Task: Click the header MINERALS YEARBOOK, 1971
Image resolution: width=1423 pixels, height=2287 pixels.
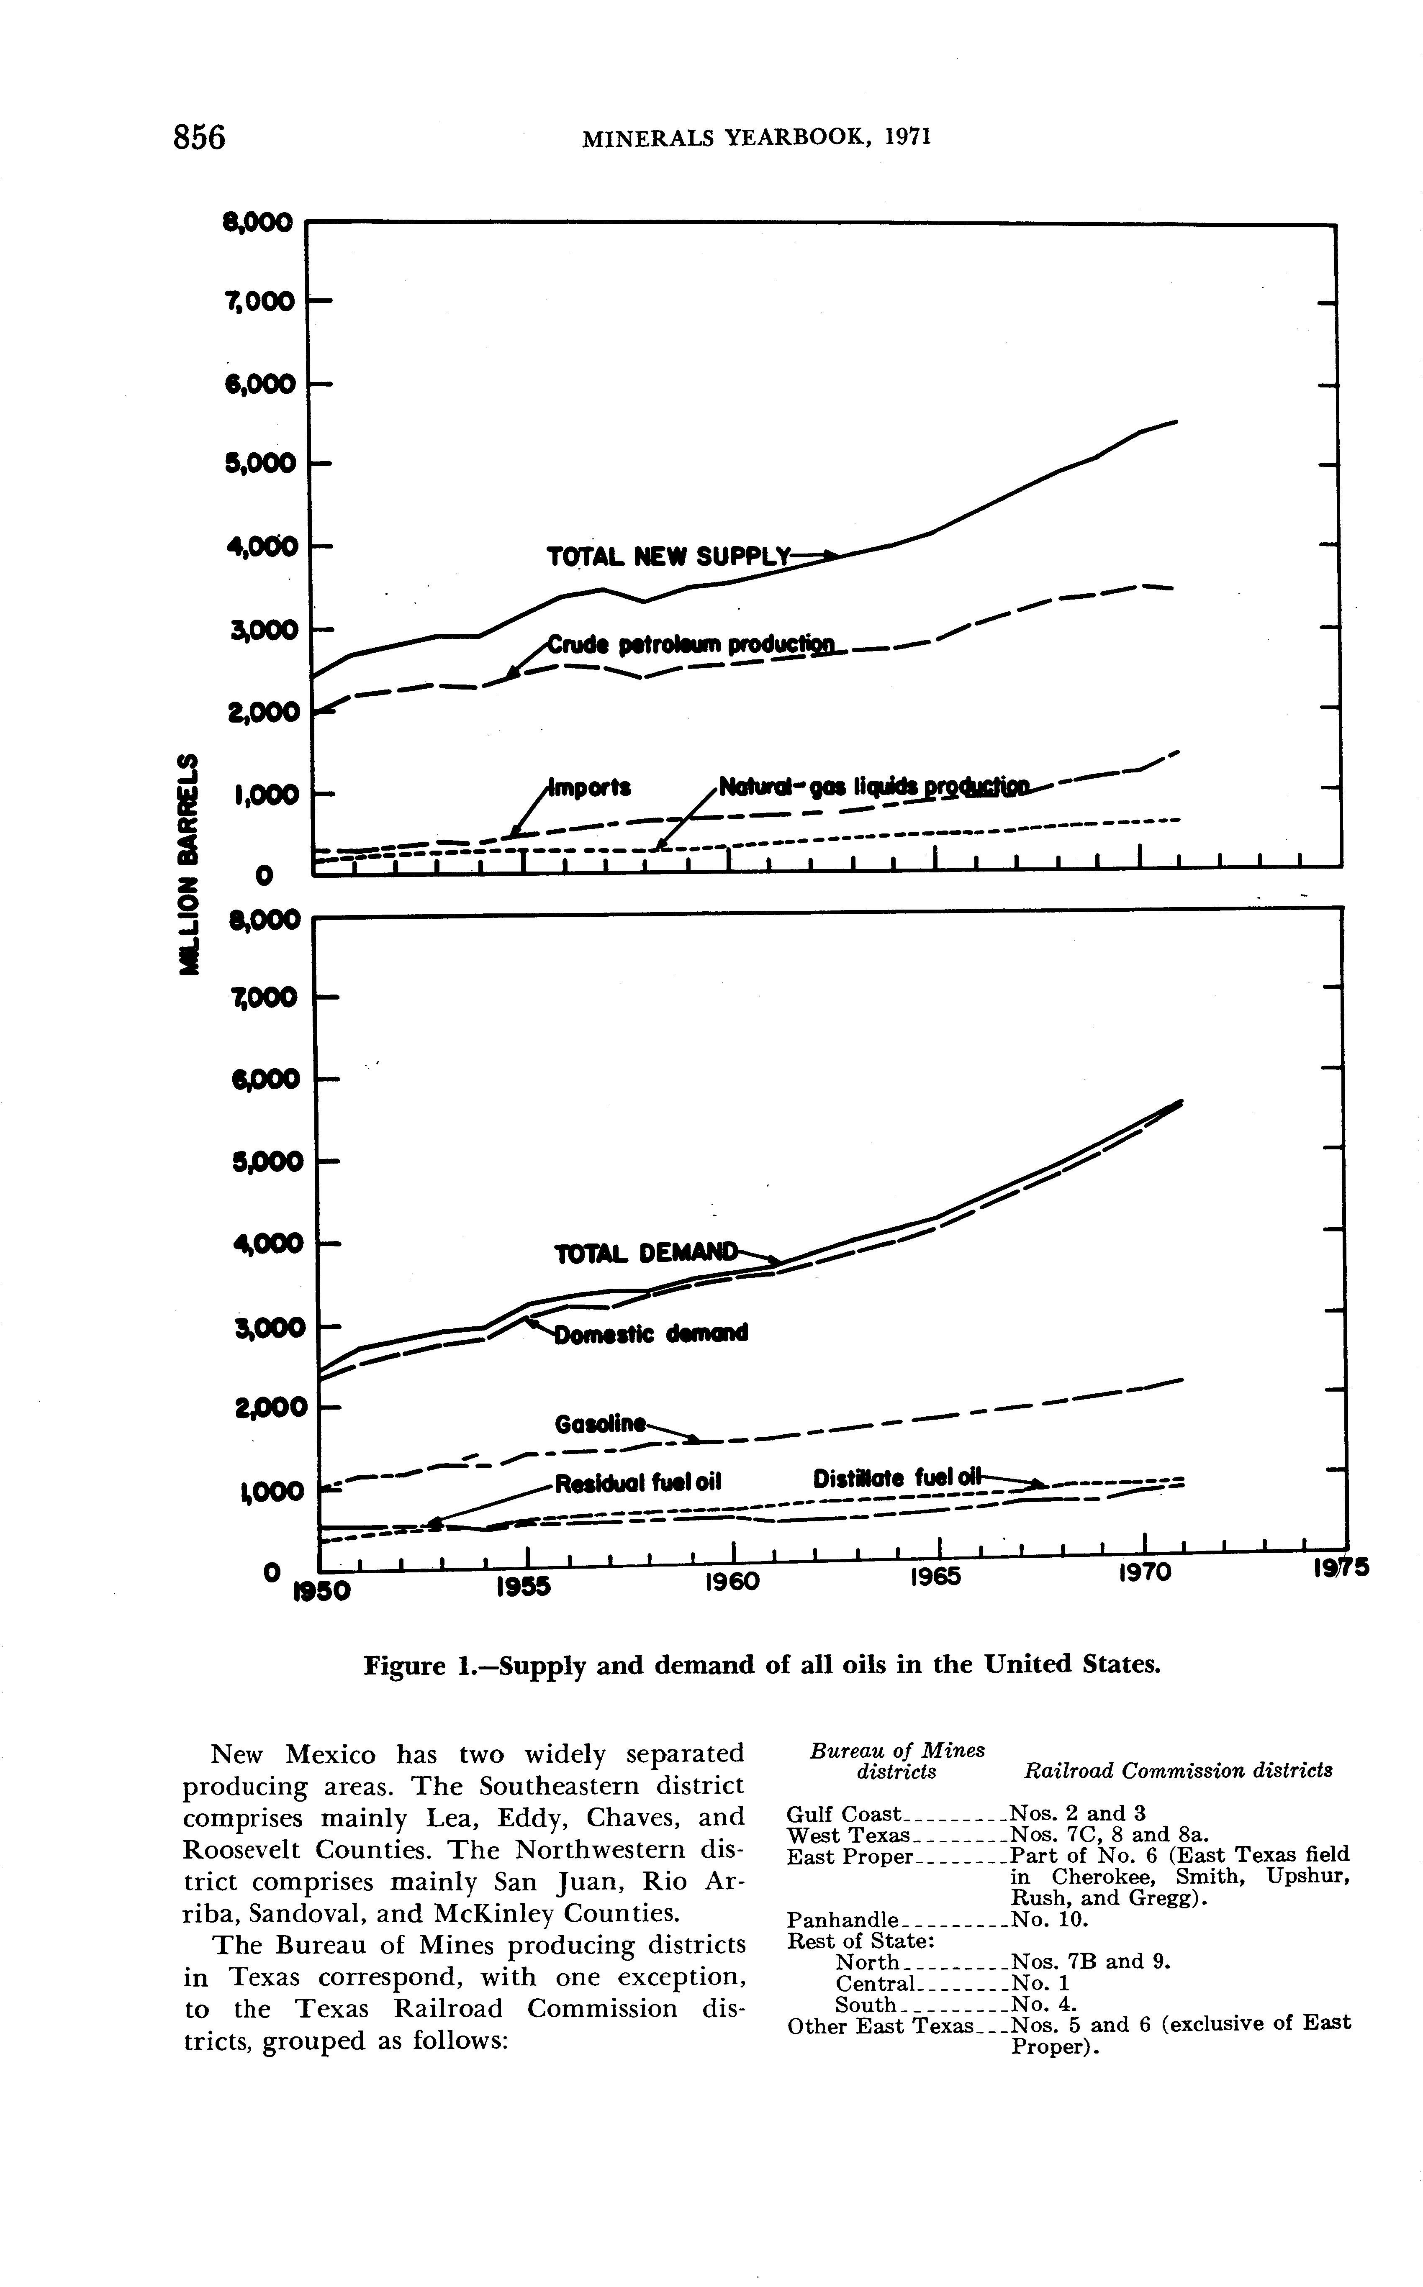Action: (757, 138)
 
